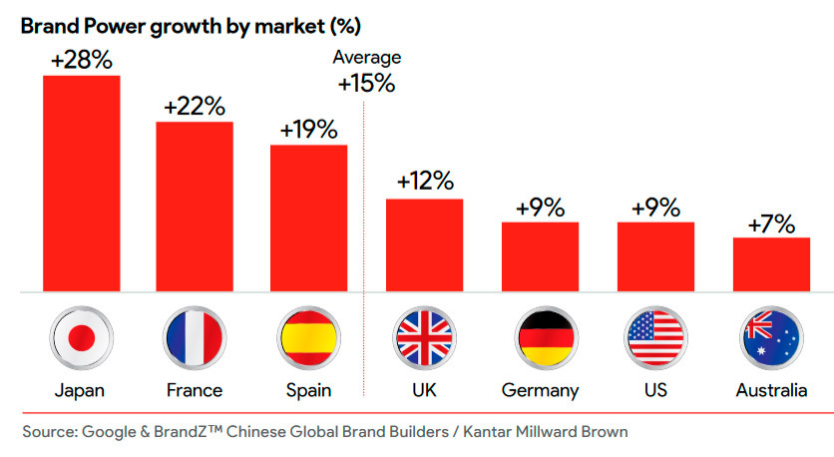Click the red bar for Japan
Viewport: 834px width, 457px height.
[x=81, y=184]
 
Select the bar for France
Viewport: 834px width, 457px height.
[x=195, y=207]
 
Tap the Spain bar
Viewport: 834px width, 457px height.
[x=309, y=219]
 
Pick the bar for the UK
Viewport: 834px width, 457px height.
[x=425, y=245]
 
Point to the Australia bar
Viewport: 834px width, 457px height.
[x=771, y=264]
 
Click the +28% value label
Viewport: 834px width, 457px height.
[x=81, y=60]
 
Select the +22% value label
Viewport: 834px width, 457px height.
[x=195, y=106]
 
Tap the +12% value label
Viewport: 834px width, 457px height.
[x=425, y=182]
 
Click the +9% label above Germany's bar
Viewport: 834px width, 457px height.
[x=541, y=208]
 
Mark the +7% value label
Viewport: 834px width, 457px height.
[x=771, y=224]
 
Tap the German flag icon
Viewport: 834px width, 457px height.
[x=540, y=336]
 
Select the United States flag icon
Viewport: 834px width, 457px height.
[x=654, y=336]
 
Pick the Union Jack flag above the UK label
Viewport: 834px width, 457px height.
[x=424, y=336]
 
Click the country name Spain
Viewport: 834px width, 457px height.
[x=309, y=389]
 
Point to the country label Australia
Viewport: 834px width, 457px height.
[x=771, y=389]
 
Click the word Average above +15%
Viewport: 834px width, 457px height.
[x=366, y=58]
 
